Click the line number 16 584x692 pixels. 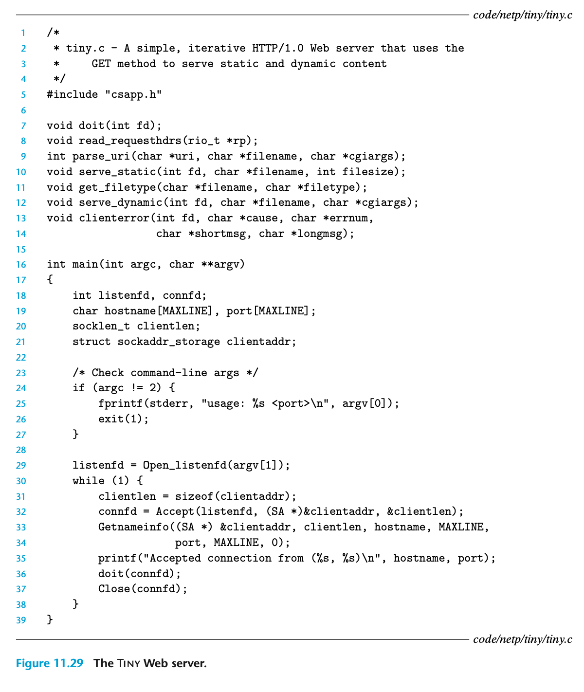[x=21, y=264]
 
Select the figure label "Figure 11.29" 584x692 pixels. [x=49, y=663]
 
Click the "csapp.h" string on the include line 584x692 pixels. [x=134, y=94]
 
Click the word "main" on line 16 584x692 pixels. [x=85, y=264]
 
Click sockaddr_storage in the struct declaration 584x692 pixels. [x=168, y=342]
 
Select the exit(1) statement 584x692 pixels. [x=123, y=419]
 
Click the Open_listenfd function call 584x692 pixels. [x=185, y=465]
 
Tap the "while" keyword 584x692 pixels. [x=89, y=481]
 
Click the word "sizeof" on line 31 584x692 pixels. [x=194, y=496]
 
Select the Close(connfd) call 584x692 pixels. [x=143, y=589]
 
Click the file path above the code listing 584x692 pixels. [x=522, y=15]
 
